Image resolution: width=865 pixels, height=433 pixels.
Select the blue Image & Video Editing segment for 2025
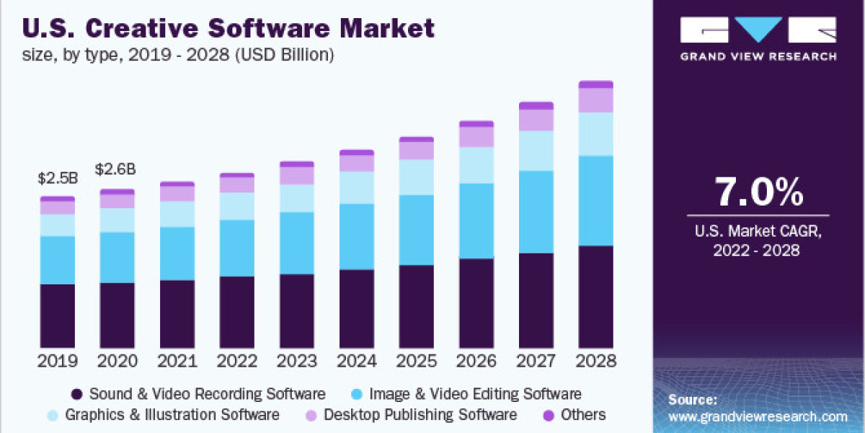point(417,229)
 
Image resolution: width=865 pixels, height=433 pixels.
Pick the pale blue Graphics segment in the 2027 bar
point(536,150)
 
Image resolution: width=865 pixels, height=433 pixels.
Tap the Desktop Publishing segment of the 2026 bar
point(476,136)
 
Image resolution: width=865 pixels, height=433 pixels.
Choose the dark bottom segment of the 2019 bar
point(57,316)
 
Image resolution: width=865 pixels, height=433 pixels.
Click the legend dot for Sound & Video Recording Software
point(76,395)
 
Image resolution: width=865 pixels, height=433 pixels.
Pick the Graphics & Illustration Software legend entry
point(172,415)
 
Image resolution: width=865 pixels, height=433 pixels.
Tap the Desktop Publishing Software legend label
point(420,415)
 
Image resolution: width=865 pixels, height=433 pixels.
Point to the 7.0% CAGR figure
point(758,193)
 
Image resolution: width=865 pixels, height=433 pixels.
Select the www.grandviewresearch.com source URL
point(758,416)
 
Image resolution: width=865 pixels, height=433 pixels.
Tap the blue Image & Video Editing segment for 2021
point(177,253)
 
